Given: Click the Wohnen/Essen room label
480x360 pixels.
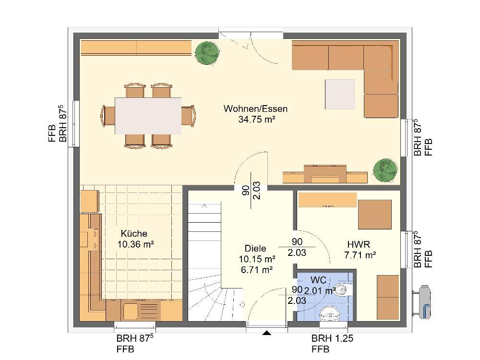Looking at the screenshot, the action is pyautogui.click(x=255, y=108).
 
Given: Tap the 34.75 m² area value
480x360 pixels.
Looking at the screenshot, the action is pyautogui.click(x=256, y=120).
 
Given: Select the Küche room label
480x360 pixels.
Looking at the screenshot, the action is pyautogui.click(x=134, y=234).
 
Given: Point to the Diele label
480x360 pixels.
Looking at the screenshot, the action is pyautogui.click(x=255, y=248).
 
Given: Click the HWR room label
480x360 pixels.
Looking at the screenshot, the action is pyautogui.click(x=359, y=244).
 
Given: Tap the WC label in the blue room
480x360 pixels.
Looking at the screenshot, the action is pyautogui.click(x=318, y=280).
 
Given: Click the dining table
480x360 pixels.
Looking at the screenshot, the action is pyautogui.click(x=148, y=116).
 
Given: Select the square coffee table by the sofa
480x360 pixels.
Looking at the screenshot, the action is pyautogui.click(x=340, y=94).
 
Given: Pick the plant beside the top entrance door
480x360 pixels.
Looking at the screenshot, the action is pyautogui.click(x=208, y=53).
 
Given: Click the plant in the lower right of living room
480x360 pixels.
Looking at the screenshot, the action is pyautogui.click(x=385, y=170).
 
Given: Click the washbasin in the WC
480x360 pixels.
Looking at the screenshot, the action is pyautogui.click(x=330, y=314).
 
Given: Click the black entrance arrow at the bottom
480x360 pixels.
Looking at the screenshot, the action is pyautogui.click(x=267, y=333).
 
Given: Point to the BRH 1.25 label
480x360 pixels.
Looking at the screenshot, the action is pyautogui.click(x=332, y=338).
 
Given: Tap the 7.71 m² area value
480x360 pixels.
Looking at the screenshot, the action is pyautogui.click(x=360, y=255).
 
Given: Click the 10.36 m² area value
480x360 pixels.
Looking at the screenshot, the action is pyautogui.click(x=136, y=244).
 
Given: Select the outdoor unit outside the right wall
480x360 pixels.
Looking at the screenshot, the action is pyautogui.click(x=422, y=302).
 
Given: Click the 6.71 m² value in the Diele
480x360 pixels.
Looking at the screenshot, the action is pyautogui.click(x=257, y=270).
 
